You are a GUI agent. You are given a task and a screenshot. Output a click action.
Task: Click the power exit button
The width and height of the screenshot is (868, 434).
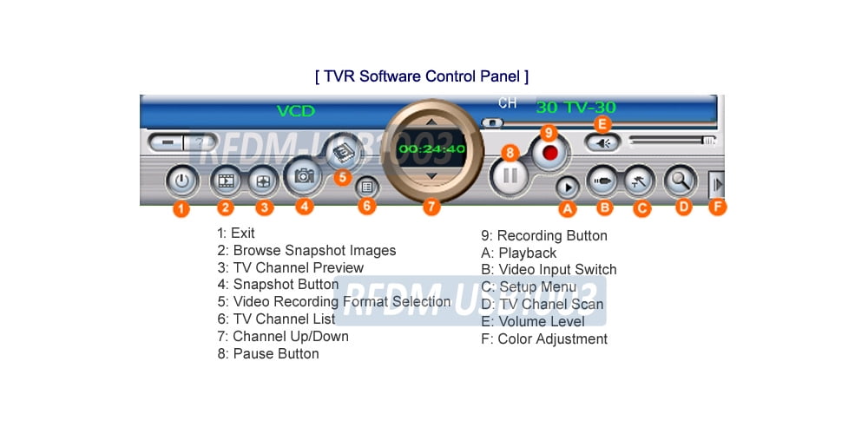click(x=180, y=181)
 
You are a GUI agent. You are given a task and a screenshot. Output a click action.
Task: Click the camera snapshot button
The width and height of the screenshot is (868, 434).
click(x=304, y=176)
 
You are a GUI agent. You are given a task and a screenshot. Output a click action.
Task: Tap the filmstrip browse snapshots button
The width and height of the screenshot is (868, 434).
click(x=226, y=181)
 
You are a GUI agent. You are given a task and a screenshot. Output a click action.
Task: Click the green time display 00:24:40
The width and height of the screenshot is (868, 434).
click(x=431, y=149)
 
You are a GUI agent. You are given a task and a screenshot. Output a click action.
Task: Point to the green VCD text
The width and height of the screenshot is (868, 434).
click(x=295, y=111)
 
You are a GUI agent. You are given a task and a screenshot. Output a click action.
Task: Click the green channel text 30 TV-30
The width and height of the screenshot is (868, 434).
click(x=575, y=108)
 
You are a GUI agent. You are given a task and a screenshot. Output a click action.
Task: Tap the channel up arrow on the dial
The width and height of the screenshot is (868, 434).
click(x=431, y=122)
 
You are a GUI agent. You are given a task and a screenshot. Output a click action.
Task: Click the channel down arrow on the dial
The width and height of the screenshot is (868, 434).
click(x=431, y=176)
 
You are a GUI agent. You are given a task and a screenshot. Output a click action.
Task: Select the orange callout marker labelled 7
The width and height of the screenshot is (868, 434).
click(x=431, y=207)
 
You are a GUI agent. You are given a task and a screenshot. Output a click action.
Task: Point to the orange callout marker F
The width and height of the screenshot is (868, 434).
click(x=717, y=207)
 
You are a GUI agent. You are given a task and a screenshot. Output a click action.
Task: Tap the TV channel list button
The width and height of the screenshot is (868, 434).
click(x=367, y=185)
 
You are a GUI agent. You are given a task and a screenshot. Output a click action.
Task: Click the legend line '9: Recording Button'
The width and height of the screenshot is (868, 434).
click(x=544, y=236)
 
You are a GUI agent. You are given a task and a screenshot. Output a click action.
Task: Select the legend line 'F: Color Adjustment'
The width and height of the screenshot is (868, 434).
click(x=544, y=339)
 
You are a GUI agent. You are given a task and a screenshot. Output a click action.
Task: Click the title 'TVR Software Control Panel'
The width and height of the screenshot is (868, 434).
click(x=421, y=76)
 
